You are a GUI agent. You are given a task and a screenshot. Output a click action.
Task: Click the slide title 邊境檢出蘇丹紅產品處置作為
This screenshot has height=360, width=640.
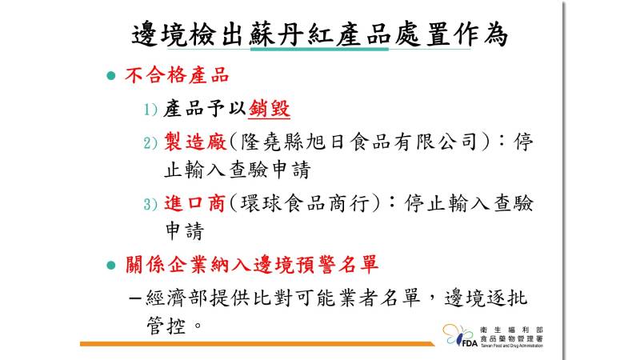point(319,34)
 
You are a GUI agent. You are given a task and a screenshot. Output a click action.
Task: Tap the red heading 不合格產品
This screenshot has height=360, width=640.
point(177,75)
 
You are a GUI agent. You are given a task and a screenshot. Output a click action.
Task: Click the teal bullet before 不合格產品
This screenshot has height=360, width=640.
point(111,75)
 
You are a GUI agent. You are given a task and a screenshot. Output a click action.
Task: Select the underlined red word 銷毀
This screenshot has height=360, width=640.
point(269,109)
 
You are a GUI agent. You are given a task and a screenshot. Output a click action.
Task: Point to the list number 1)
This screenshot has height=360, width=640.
point(150,110)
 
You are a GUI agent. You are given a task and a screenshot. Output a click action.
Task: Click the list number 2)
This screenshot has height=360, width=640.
point(150,143)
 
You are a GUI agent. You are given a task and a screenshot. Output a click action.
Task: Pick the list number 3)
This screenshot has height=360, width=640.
point(150,204)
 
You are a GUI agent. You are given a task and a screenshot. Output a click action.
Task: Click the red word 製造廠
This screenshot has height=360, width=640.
point(195,142)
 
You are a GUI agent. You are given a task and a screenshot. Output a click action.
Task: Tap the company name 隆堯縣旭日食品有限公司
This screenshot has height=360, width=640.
point(358,142)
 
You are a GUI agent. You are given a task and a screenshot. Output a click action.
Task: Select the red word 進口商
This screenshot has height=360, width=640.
point(194,203)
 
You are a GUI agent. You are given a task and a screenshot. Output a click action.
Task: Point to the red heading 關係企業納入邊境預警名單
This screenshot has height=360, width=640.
point(252,265)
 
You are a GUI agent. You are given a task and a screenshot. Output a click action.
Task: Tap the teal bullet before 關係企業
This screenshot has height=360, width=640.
point(111,266)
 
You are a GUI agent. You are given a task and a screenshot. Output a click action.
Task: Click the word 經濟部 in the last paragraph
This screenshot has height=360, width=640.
point(177,298)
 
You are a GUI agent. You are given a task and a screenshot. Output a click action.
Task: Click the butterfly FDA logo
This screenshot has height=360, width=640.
point(459,335)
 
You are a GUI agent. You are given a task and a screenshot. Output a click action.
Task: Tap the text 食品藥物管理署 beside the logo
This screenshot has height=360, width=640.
point(511,338)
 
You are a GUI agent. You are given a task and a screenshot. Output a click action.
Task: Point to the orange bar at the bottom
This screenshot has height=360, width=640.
point(257,344)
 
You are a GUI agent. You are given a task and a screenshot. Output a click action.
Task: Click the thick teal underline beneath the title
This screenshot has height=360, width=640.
point(319,50)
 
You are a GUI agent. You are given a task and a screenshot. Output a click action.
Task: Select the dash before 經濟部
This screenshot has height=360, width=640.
point(134,298)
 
